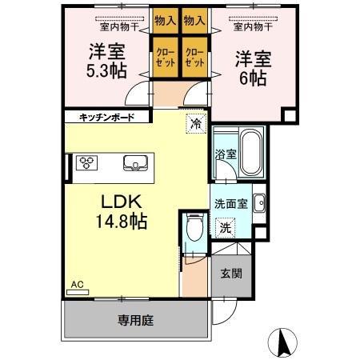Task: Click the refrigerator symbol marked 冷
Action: tap(194, 123)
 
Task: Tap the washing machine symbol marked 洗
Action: tap(228, 227)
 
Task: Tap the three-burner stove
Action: tap(86, 163)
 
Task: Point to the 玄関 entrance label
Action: tap(232, 273)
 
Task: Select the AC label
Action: tap(78, 284)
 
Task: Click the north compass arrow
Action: tap(282, 342)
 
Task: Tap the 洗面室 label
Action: tap(232, 204)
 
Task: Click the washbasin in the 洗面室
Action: tap(259, 203)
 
